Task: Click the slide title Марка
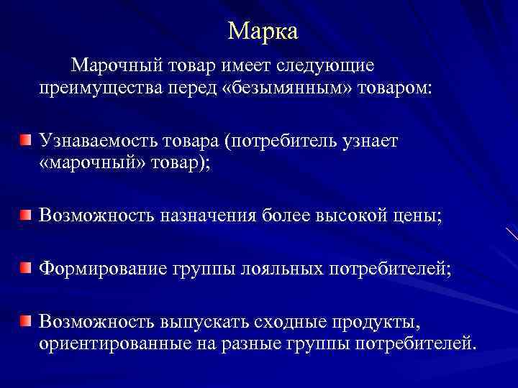(263, 31)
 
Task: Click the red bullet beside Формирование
(25, 267)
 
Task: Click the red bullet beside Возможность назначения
(25, 213)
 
